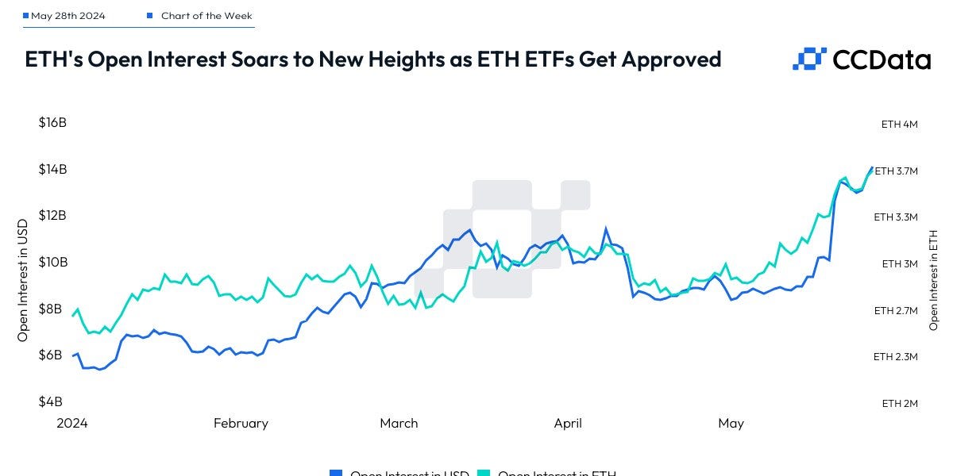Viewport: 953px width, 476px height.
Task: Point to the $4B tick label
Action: point(52,401)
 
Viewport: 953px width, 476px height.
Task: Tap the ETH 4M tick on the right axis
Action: point(900,125)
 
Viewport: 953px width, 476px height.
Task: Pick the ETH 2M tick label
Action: point(900,403)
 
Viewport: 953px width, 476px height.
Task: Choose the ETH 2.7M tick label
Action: point(896,311)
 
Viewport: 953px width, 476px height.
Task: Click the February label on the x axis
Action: point(241,424)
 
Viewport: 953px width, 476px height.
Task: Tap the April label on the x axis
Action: point(568,424)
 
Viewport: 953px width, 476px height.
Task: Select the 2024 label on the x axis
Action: point(72,424)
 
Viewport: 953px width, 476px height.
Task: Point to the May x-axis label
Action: point(731,424)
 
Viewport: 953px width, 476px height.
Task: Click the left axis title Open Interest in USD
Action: point(23,279)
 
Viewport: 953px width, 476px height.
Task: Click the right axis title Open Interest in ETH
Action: point(934,279)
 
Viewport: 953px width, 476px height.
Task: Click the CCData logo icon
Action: point(809,59)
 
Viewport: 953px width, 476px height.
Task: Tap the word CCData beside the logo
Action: point(881,59)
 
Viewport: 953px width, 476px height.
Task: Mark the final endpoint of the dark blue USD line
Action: point(872,167)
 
